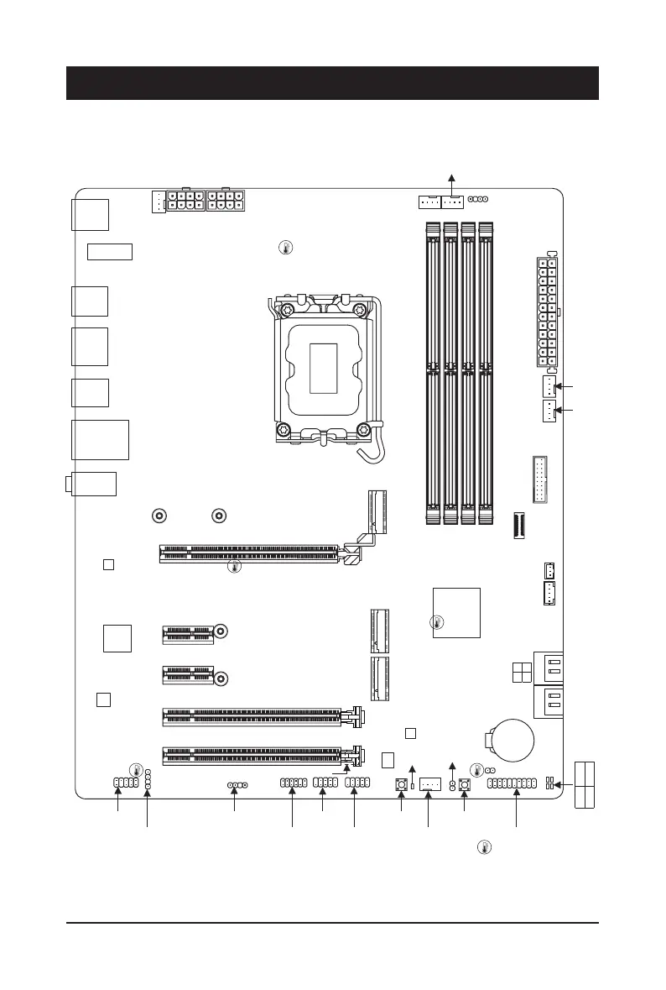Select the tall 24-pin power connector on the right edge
tap(544, 312)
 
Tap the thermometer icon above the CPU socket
tap(286, 249)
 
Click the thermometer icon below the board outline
tap(483, 846)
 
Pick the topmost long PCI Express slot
tap(252, 554)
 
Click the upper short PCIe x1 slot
tap(188, 634)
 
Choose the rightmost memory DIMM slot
tap(486, 373)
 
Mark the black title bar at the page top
tap(332, 83)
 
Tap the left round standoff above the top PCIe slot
tap(159, 516)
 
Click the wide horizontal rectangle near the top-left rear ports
tap(110, 250)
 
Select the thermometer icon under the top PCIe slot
tap(235, 568)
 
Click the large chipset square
tap(456, 612)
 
